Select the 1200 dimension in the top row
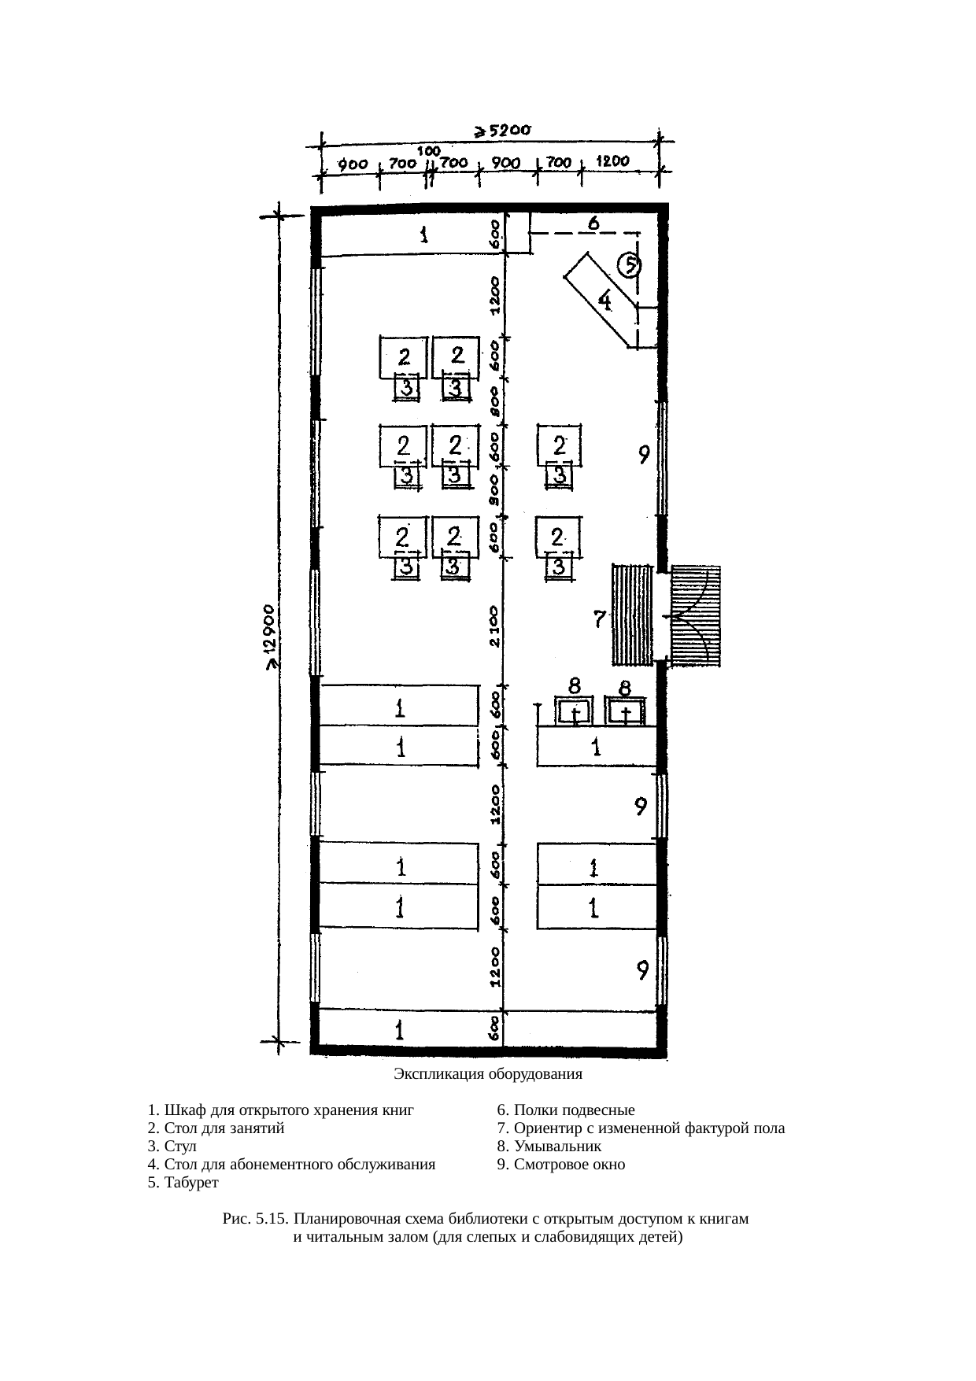point(612,161)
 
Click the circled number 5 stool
point(630,266)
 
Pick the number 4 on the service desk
point(608,300)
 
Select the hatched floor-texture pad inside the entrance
point(634,615)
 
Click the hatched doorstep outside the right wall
point(696,615)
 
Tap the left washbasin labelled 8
point(576,711)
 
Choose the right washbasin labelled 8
point(625,711)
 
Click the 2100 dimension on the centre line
point(494,626)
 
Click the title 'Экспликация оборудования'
point(488,1073)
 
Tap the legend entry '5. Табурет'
point(183,1183)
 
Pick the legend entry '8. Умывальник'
point(549,1147)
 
